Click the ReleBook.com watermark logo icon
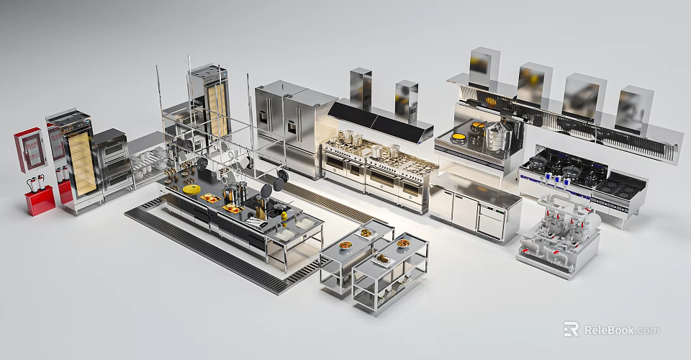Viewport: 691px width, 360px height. coord(571,329)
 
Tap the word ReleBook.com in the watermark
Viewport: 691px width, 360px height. coord(622,330)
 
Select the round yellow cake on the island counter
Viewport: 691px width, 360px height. coord(191,189)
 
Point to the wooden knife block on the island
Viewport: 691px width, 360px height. coord(260,213)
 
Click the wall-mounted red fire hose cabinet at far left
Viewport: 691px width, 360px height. coord(30,150)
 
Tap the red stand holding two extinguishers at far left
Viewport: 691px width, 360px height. coord(40,200)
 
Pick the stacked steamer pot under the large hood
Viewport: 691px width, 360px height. coord(499,137)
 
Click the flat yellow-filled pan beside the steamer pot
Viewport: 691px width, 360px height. coord(459,137)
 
